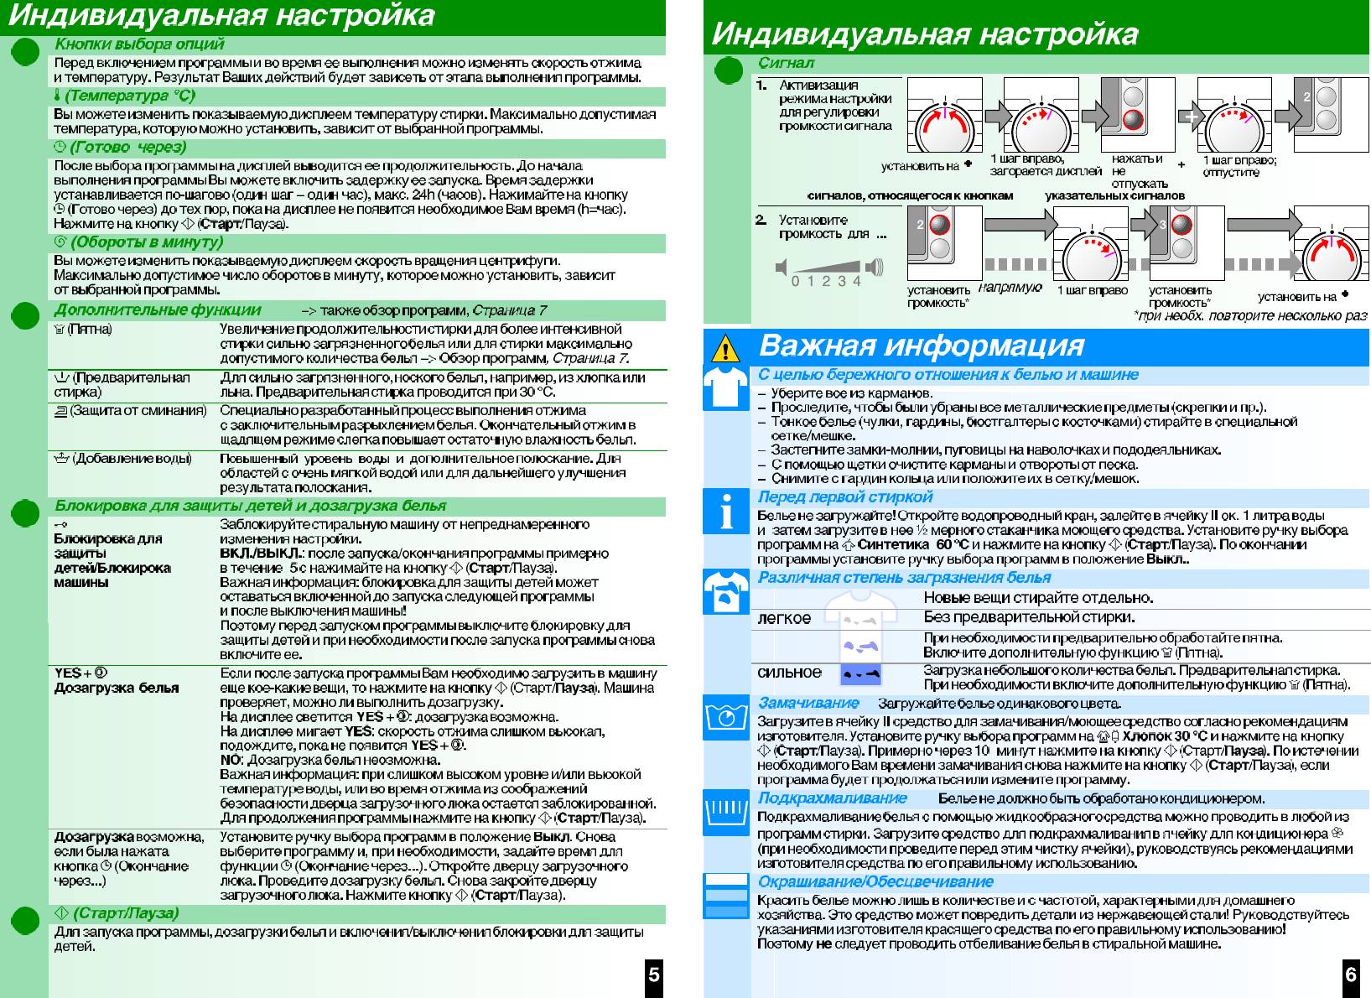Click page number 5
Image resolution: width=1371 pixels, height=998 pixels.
pos(654,975)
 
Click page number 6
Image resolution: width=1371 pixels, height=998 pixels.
pos(1351,975)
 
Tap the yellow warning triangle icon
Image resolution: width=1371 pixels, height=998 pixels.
pos(726,346)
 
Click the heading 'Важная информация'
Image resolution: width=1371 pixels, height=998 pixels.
pos(921,346)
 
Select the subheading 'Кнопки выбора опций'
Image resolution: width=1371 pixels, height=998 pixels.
pos(139,44)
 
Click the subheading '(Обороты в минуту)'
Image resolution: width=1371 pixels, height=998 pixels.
pos(146,242)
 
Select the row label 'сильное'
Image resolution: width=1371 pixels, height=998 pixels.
pos(789,673)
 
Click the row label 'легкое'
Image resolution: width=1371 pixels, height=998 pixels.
pos(784,619)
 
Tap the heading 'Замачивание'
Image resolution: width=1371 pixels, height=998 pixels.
pos(808,704)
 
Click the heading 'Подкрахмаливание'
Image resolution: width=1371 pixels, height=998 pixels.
pos(832,798)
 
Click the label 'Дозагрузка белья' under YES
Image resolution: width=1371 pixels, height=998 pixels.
pos(117,688)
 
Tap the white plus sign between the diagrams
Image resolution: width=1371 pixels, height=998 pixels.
pos(1192,118)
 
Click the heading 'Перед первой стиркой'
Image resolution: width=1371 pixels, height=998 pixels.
pos(844,497)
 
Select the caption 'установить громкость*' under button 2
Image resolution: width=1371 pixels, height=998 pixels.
pos(938,296)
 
